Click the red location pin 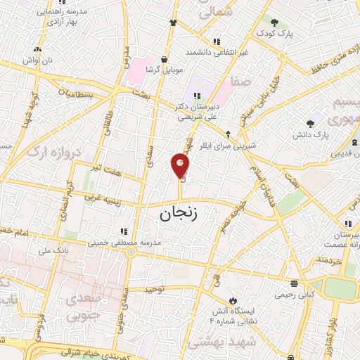(x=181, y=165)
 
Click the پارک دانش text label (x=311, y=134)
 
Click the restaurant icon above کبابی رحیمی (x=294, y=284)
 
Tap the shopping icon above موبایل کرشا (x=164, y=60)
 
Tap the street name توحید (x=153, y=288)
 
